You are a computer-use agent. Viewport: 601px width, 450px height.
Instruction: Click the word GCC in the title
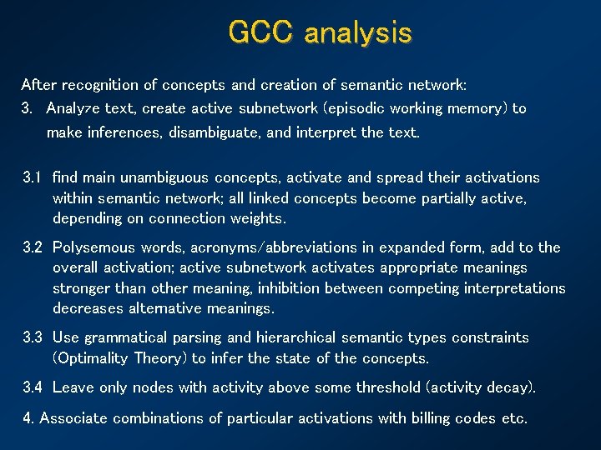[x=260, y=32]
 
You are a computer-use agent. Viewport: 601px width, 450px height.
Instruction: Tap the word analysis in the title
[x=358, y=32]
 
